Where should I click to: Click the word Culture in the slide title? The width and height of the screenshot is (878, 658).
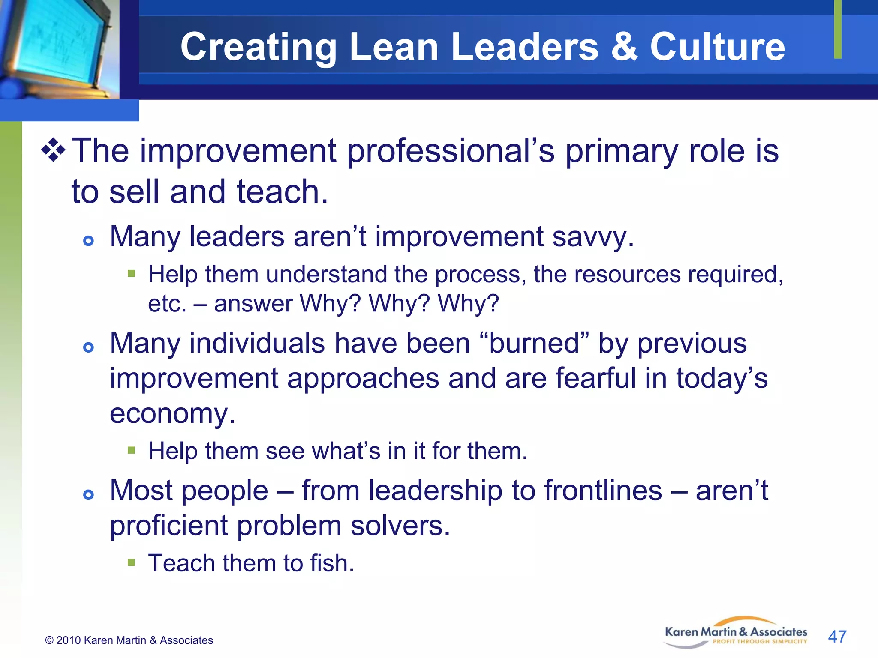(717, 47)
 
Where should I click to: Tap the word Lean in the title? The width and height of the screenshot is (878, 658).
(394, 47)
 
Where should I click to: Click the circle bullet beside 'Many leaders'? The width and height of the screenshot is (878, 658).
(88, 241)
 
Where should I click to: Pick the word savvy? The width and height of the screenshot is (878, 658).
(592, 237)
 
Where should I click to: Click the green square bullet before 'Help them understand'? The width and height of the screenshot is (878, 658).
(132, 273)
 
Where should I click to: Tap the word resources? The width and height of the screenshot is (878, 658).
(627, 275)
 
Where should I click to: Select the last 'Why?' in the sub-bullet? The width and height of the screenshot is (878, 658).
(468, 304)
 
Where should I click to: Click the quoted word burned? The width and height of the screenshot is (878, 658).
(534, 343)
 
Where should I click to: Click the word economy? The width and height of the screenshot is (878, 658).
(172, 414)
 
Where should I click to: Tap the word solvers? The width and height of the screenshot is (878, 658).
(400, 526)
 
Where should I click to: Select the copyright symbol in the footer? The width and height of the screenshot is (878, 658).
(49, 640)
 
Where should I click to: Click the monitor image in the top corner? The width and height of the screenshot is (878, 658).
(58, 47)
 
